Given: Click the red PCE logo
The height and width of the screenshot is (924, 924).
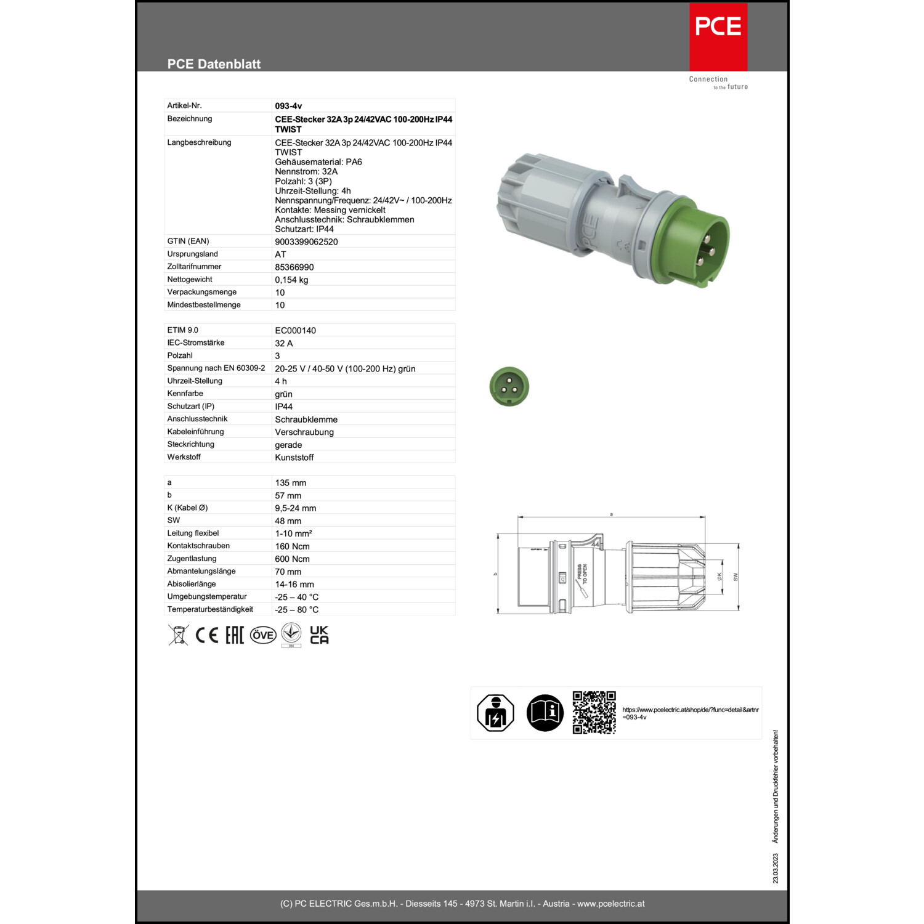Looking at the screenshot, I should [x=718, y=36].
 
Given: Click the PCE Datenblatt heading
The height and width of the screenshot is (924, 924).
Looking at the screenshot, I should [x=214, y=64].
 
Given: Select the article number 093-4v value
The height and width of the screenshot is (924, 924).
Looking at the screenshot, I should [x=288, y=106].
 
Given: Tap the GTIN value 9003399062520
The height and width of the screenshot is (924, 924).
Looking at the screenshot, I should [x=306, y=241].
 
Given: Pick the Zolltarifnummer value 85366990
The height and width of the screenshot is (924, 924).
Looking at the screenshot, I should [x=294, y=267].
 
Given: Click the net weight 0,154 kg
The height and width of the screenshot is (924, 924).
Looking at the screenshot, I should [x=291, y=280].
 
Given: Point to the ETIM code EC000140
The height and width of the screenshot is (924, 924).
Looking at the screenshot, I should [x=295, y=330].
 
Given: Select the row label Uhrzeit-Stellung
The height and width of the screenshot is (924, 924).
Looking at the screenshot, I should [x=195, y=381].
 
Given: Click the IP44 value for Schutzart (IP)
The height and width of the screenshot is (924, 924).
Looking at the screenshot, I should [x=283, y=407].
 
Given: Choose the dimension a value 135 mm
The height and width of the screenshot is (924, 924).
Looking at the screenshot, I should [x=290, y=483].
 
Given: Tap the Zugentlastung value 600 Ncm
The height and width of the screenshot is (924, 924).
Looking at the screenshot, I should [x=292, y=559].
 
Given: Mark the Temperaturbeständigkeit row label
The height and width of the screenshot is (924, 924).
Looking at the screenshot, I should [x=210, y=609].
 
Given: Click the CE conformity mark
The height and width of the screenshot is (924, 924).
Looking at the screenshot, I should [x=206, y=635].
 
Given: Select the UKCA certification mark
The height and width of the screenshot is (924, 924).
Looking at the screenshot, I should [x=319, y=635].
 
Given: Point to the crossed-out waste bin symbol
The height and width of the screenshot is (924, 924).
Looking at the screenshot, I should [x=178, y=635].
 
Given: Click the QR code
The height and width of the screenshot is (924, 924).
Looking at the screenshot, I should [x=594, y=713].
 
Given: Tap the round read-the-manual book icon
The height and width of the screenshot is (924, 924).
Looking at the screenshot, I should [x=545, y=713].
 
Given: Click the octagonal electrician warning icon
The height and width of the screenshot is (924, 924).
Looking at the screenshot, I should [x=495, y=713].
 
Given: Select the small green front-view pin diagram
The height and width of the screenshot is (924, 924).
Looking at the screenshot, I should [x=509, y=387].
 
